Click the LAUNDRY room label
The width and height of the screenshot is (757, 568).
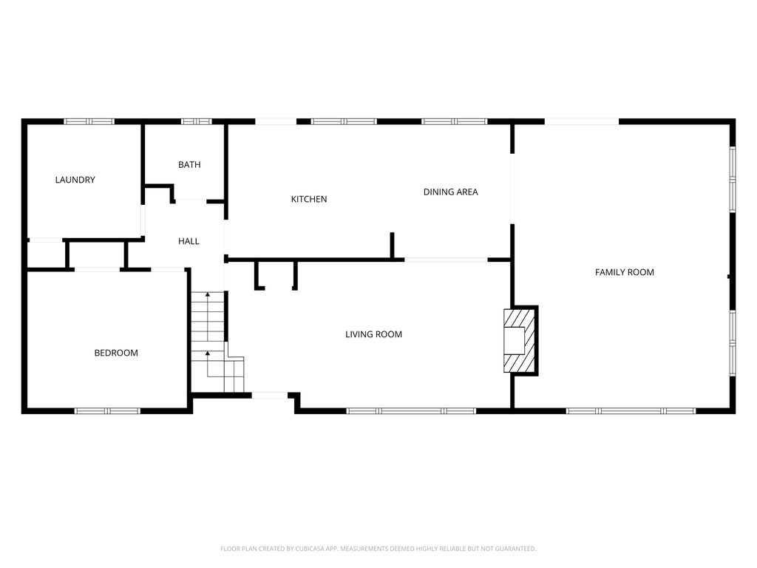tap(75, 180)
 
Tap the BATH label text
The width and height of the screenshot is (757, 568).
tap(189, 165)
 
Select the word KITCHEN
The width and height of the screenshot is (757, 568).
tap(309, 199)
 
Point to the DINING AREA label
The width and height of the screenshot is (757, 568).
tap(450, 192)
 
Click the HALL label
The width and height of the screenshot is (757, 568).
tap(189, 241)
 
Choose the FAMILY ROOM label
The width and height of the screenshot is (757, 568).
tap(625, 272)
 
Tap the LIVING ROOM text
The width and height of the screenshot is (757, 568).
tap(373, 334)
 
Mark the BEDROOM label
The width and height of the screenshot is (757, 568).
tap(116, 353)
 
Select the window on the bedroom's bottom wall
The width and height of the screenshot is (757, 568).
tap(107, 410)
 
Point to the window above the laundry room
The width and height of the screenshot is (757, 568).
tap(89, 121)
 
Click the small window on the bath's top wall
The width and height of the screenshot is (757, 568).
tap(196, 121)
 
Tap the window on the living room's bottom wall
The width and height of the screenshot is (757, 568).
tap(411, 410)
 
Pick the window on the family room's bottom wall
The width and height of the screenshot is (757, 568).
tap(631, 410)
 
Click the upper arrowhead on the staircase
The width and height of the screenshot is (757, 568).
tap(208, 295)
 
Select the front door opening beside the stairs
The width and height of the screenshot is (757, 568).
tap(270, 396)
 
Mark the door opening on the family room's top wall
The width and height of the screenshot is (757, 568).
tap(582, 121)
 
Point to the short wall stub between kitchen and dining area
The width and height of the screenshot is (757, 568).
tap(393, 246)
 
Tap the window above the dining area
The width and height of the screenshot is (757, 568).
tap(454, 121)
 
